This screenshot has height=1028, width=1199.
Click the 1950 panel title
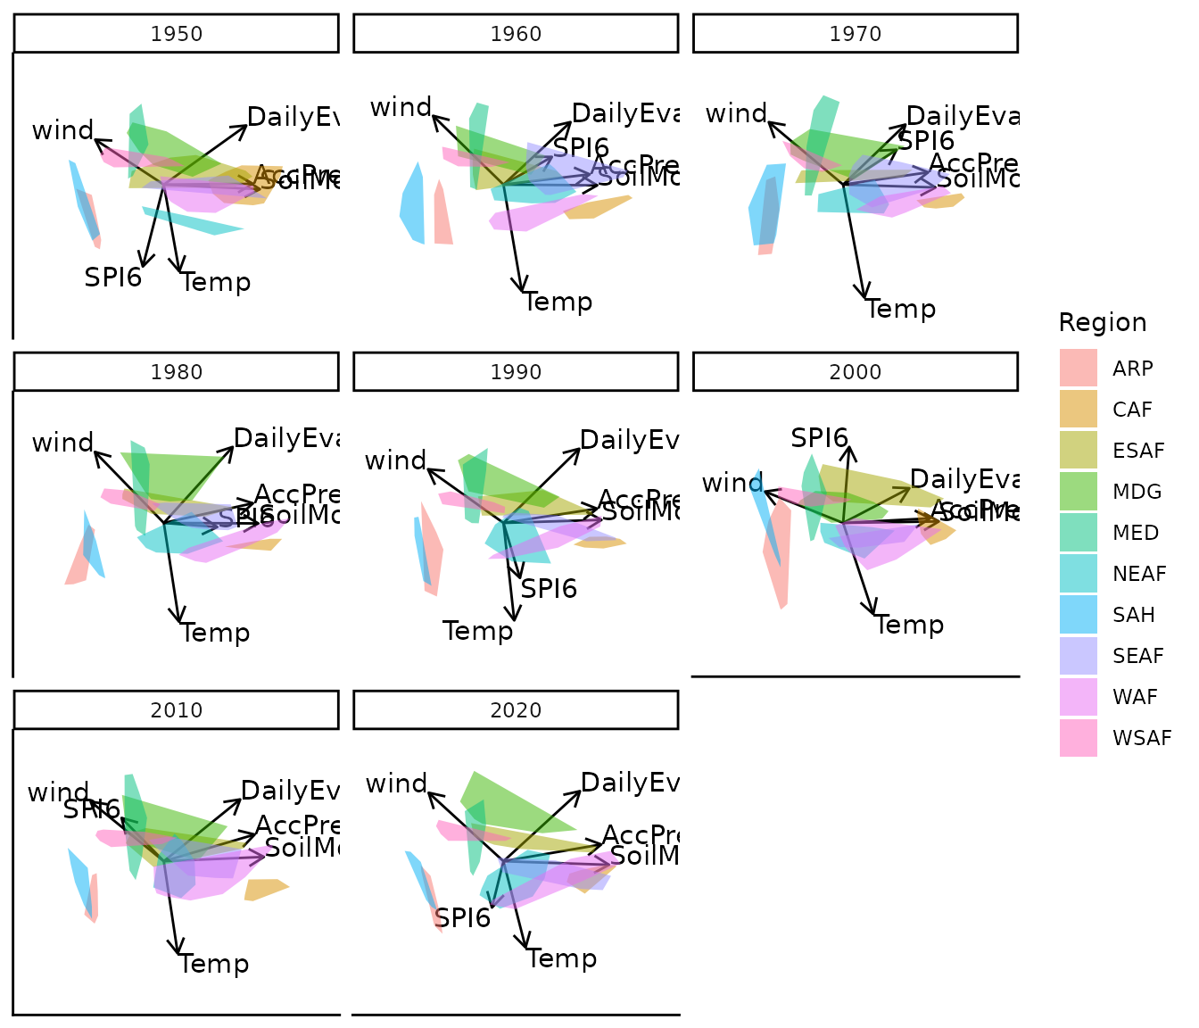coord(177,34)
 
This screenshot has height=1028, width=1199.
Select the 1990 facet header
coord(516,372)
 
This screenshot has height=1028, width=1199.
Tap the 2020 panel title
coord(516,710)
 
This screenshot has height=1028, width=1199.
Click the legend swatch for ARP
coord(1079,369)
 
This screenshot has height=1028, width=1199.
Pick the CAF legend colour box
coord(1079,410)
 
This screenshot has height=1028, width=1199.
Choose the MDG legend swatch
coord(1079,492)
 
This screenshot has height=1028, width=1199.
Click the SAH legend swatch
coord(1079,615)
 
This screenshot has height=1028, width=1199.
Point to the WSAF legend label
coord(1142,738)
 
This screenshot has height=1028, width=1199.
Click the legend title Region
coord(1103,322)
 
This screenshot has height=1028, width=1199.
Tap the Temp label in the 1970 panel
coord(901,310)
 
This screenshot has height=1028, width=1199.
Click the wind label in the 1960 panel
coord(401,108)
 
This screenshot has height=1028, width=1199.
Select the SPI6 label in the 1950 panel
coord(113,278)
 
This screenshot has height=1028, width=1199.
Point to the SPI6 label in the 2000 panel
coord(819,438)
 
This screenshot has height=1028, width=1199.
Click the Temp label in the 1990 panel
coord(478,632)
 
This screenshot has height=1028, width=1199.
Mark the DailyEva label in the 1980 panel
coord(285,438)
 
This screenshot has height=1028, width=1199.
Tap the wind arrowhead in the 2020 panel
coord(429,792)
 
